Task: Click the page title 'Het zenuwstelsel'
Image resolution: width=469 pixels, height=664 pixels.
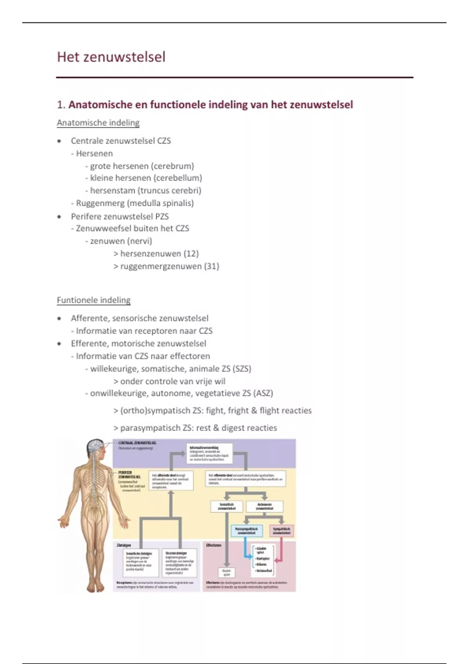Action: click(111, 57)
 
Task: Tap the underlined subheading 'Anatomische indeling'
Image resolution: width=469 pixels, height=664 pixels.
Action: click(98, 123)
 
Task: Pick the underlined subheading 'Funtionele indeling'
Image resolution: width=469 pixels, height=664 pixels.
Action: click(94, 300)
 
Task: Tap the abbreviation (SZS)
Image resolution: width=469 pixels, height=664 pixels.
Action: click(242, 369)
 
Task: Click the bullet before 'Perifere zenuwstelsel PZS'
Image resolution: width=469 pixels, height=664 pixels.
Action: click(59, 216)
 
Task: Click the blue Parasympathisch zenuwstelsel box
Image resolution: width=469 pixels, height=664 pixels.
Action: click(246, 530)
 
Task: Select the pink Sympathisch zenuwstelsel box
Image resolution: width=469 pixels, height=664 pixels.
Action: click(281, 530)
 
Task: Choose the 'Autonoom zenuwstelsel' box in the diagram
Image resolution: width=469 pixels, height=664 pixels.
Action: click(265, 507)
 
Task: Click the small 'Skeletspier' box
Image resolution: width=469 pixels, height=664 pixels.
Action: click(227, 573)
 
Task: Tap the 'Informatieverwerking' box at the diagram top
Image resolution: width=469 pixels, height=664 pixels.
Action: click(209, 453)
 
